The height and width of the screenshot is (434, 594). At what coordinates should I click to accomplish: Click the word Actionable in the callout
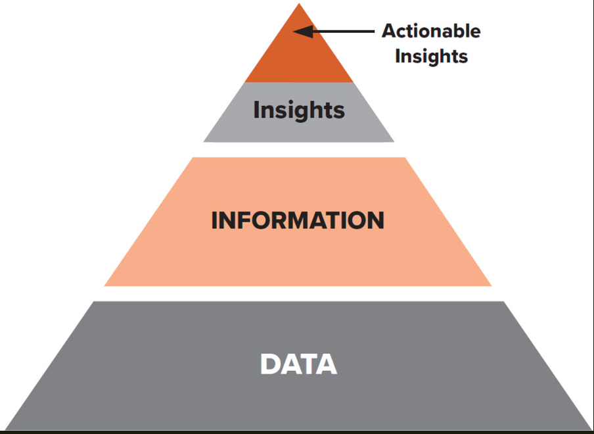tap(431, 31)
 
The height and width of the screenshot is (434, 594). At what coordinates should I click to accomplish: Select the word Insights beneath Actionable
tap(431, 56)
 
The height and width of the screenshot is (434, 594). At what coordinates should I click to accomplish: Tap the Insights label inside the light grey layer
tap(299, 110)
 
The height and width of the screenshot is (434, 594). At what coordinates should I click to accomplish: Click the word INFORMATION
tap(298, 220)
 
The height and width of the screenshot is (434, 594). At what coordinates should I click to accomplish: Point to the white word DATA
tap(298, 364)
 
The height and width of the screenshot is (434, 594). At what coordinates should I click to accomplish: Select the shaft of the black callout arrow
tap(345, 31)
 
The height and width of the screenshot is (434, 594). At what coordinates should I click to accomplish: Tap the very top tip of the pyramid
tap(299, 5)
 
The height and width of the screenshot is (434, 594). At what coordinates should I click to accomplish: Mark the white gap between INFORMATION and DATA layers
tap(298, 294)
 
